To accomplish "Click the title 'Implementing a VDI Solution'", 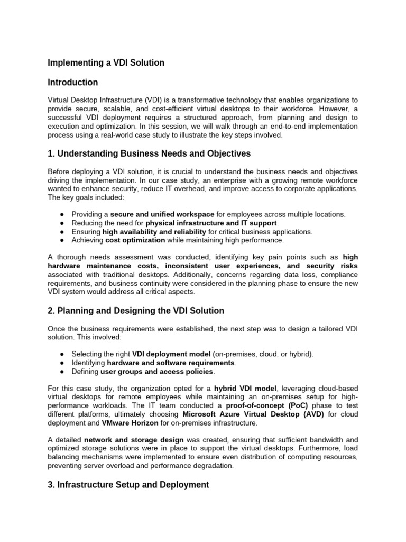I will pyautogui.click(x=106, y=63).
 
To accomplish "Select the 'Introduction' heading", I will pyautogui.click(x=73, y=83).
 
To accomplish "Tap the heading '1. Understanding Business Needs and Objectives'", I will pyautogui.click(x=149, y=154).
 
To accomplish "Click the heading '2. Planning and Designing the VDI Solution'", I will pyautogui.click(x=136, y=311).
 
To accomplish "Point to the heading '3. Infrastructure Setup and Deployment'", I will pyautogui.click(x=128, y=485).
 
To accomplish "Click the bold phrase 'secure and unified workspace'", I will pyautogui.click(x=162, y=214).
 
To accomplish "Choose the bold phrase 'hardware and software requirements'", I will pyautogui.click(x=171, y=363).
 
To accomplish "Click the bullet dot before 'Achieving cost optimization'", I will pyautogui.click(x=62, y=240).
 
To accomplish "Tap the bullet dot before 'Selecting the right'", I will pyautogui.click(x=62, y=354).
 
